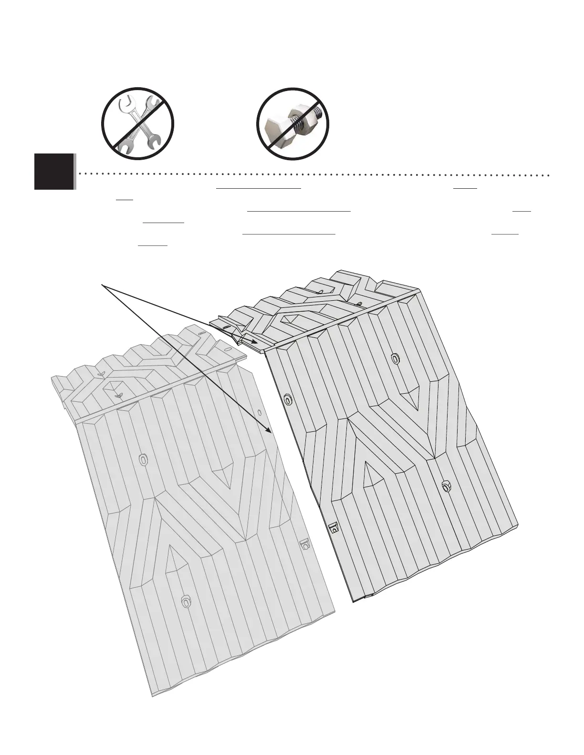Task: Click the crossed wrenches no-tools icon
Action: point(138,124)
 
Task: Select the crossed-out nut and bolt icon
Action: point(293,124)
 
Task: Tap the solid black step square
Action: point(54,172)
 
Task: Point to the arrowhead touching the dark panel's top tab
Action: point(257,342)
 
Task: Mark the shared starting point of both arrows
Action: point(102,285)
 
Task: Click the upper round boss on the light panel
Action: point(143,459)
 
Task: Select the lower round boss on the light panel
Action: point(186,602)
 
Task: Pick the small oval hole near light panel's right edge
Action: point(259,412)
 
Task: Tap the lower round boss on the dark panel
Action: point(446,486)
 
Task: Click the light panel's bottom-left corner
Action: point(153,697)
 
